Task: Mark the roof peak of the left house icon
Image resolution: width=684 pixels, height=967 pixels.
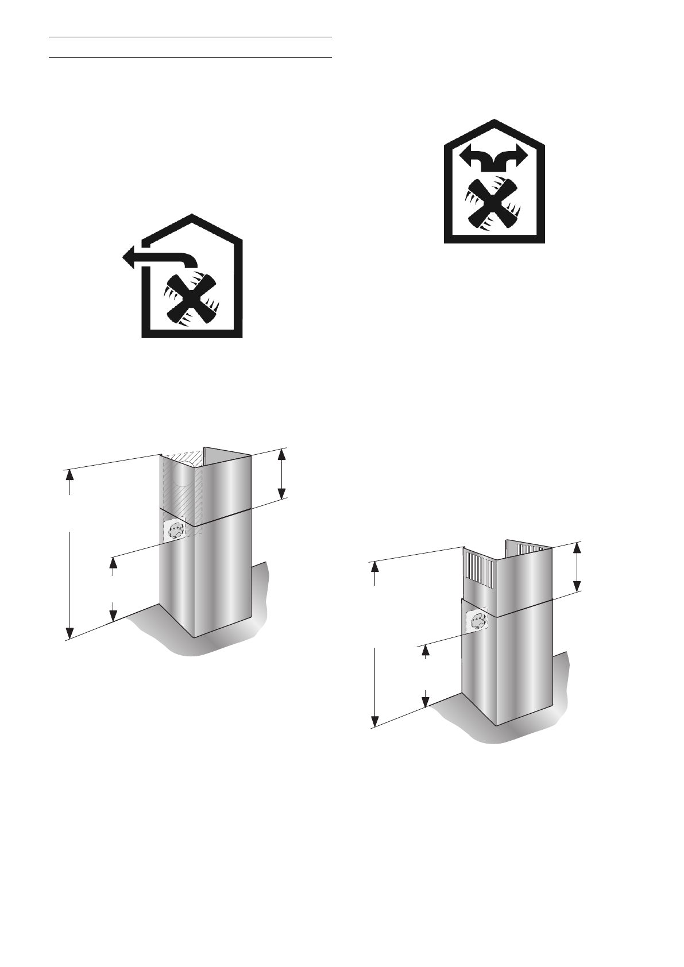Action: point(191,216)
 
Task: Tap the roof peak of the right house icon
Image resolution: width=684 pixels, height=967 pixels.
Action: point(494,121)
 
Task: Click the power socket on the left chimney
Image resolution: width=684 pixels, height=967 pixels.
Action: point(174,530)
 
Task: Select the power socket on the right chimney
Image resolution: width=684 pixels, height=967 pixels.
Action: point(478,621)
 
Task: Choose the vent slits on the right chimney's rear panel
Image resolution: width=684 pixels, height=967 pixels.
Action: point(531,549)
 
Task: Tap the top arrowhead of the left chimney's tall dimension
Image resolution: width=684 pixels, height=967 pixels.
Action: point(69,474)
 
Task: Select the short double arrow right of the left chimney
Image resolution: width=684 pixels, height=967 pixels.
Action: point(281,474)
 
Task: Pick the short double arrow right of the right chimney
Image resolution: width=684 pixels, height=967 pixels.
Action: point(577,567)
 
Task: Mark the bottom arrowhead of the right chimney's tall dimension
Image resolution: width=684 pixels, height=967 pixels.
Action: point(374,722)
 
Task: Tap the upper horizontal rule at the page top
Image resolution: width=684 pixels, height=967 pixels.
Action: point(191,38)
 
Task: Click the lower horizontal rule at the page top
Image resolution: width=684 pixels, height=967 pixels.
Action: point(191,57)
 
